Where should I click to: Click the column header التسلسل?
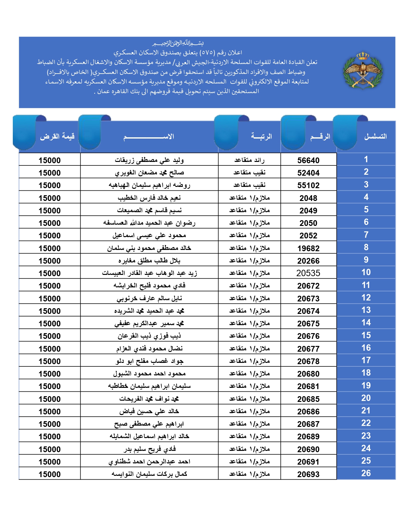pyautogui.click(x=375, y=137)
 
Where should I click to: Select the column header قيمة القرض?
pyautogui.click(x=57, y=137)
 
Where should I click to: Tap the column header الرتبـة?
pyautogui.click(x=261, y=137)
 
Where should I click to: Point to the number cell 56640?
pyautogui.click(x=308, y=160)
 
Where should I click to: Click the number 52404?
pyautogui.click(x=308, y=173)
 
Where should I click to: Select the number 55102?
pyautogui.click(x=308, y=186)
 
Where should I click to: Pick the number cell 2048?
pyautogui.click(x=308, y=198)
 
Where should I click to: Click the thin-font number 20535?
pyautogui.click(x=308, y=273)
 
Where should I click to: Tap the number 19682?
pyautogui.click(x=308, y=248)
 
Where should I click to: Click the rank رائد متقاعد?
pyautogui.click(x=249, y=160)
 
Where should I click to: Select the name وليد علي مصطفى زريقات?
pyautogui.click(x=149, y=160)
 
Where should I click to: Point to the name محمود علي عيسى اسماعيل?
pyautogui.click(x=149, y=236)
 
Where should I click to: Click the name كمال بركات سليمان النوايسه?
pyautogui.click(x=149, y=474)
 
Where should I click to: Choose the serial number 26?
pyautogui.click(x=366, y=473)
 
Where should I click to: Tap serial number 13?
pyautogui.click(x=366, y=310)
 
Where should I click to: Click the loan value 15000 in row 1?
pyautogui.click(x=50, y=160)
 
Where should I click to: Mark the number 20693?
pyautogui.click(x=308, y=474)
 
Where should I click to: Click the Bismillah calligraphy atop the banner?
pyautogui.click(x=178, y=43)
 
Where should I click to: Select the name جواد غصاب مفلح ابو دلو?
pyautogui.click(x=149, y=361)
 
